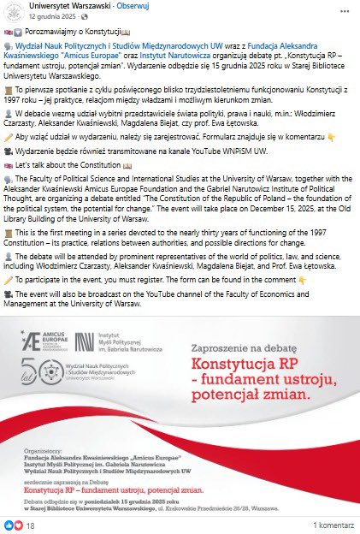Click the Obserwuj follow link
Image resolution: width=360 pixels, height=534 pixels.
[x=131, y=7]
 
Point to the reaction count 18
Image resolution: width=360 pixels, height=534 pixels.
[x=30, y=524]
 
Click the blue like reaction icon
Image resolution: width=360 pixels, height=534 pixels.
[x=9, y=524]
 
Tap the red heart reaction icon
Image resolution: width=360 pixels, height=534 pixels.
[x=17, y=524]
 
